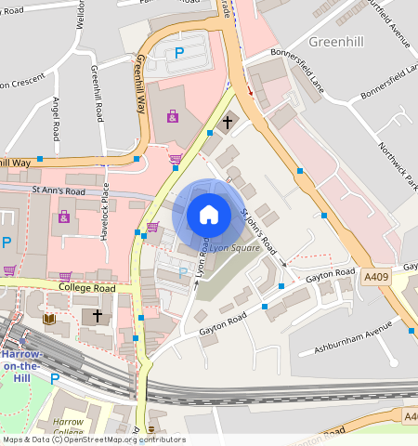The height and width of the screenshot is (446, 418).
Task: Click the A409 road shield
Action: coord(376,276)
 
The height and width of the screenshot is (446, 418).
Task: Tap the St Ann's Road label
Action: coord(58,191)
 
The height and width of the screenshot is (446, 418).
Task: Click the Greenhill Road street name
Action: coord(97,94)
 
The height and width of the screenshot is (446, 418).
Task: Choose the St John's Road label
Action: coord(259,232)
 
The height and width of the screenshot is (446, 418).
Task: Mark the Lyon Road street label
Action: coord(199,271)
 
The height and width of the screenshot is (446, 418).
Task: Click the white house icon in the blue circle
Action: coord(208,215)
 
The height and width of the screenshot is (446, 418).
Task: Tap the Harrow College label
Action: coord(68,427)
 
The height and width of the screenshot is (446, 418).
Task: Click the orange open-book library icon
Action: coord(49,319)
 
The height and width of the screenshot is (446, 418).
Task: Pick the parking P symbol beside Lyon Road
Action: coord(183,272)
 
